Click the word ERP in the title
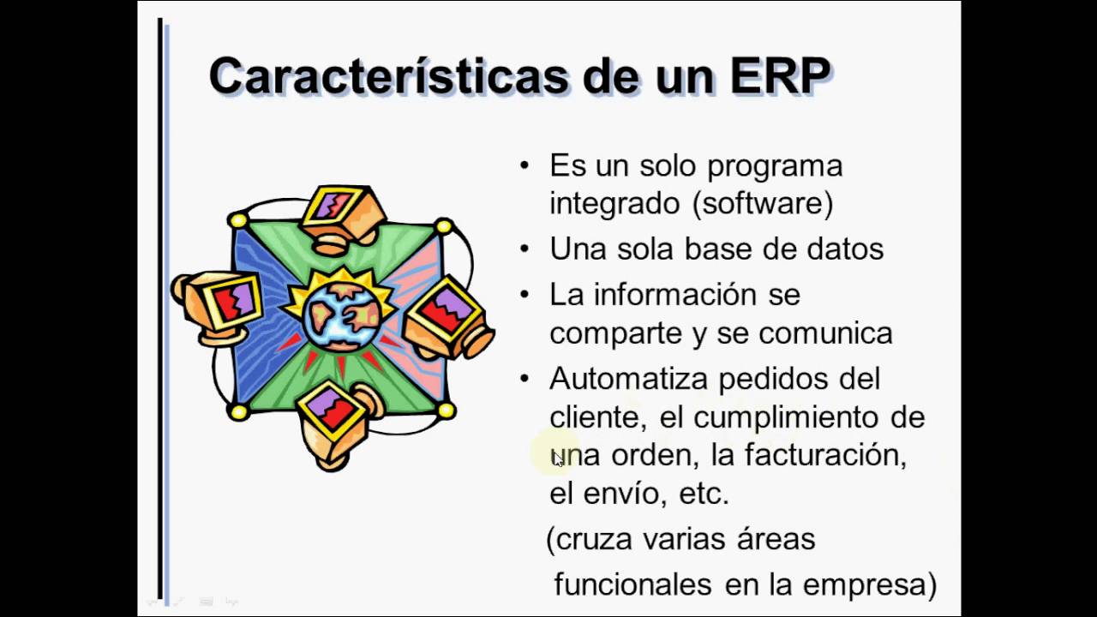click(x=780, y=76)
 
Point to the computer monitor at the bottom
click(x=330, y=416)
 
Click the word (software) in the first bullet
click(x=762, y=204)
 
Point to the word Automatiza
click(x=629, y=379)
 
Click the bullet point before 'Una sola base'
click(x=525, y=249)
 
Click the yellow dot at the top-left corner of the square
click(x=238, y=221)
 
